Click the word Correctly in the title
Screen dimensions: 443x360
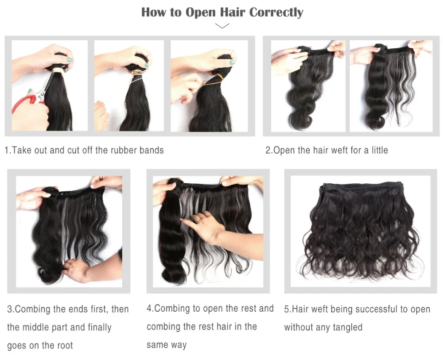[x=276, y=13]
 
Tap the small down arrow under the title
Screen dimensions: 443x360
[x=222, y=26]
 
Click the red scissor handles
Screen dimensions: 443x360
[x=25, y=104]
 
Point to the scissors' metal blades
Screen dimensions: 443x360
[x=48, y=85]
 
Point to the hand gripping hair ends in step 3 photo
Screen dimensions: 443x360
[x=75, y=270]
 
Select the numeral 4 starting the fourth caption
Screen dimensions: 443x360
[x=149, y=308]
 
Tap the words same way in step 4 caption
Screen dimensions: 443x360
[x=167, y=345]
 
